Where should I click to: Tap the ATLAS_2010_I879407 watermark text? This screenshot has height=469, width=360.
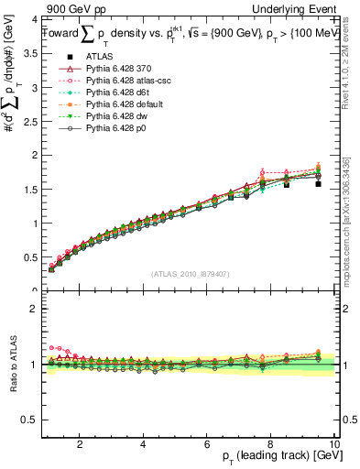click(190, 273)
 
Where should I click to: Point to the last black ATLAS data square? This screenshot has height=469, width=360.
click(319, 183)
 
